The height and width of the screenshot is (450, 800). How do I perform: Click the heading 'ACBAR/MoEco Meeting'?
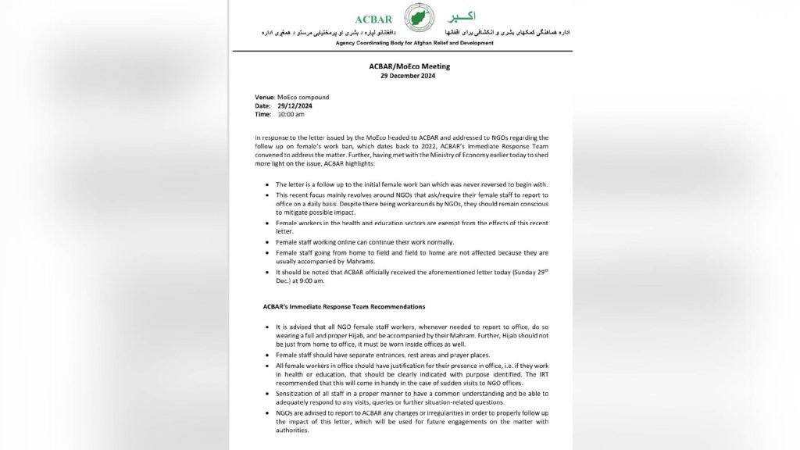click(x=409, y=66)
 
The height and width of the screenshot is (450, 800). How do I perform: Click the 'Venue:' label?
click(x=265, y=98)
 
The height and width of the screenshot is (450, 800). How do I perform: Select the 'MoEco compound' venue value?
click(x=303, y=98)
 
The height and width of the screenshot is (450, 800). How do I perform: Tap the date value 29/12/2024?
click(x=294, y=105)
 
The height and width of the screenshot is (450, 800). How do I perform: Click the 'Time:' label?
click(x=264, y=114)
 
